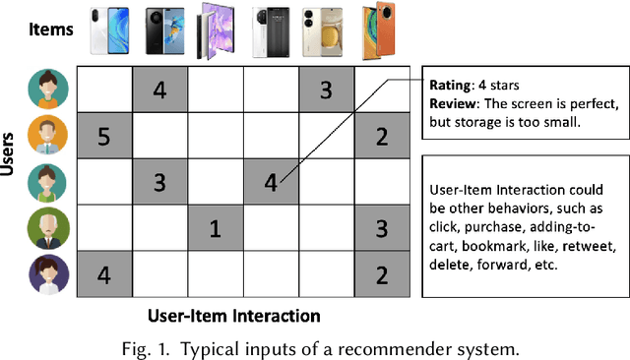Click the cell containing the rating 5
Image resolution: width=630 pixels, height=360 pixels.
pos(105,136)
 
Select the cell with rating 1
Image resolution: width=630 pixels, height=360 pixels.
pos(217,229)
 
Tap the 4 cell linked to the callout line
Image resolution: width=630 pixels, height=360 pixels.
pos(272,183)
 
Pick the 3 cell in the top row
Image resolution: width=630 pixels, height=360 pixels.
pos(328,90)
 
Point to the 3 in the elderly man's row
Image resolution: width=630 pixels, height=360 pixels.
pos(382,229)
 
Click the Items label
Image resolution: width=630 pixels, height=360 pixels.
pos(48,30)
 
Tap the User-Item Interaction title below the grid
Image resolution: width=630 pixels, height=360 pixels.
pos(233,316)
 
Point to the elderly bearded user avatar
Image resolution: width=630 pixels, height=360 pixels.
pos(48,229)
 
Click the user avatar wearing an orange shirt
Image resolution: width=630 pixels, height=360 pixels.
pos(48,136)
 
